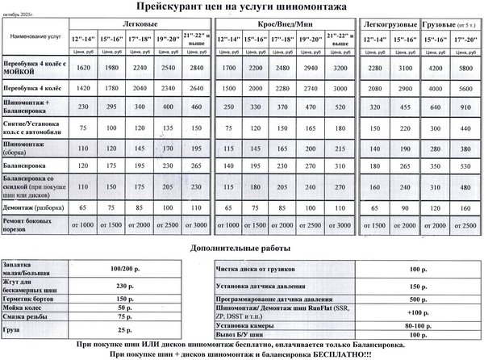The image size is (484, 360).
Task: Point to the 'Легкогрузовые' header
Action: coord(388,24)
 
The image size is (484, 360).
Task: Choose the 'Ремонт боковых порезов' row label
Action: coord(29,223)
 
